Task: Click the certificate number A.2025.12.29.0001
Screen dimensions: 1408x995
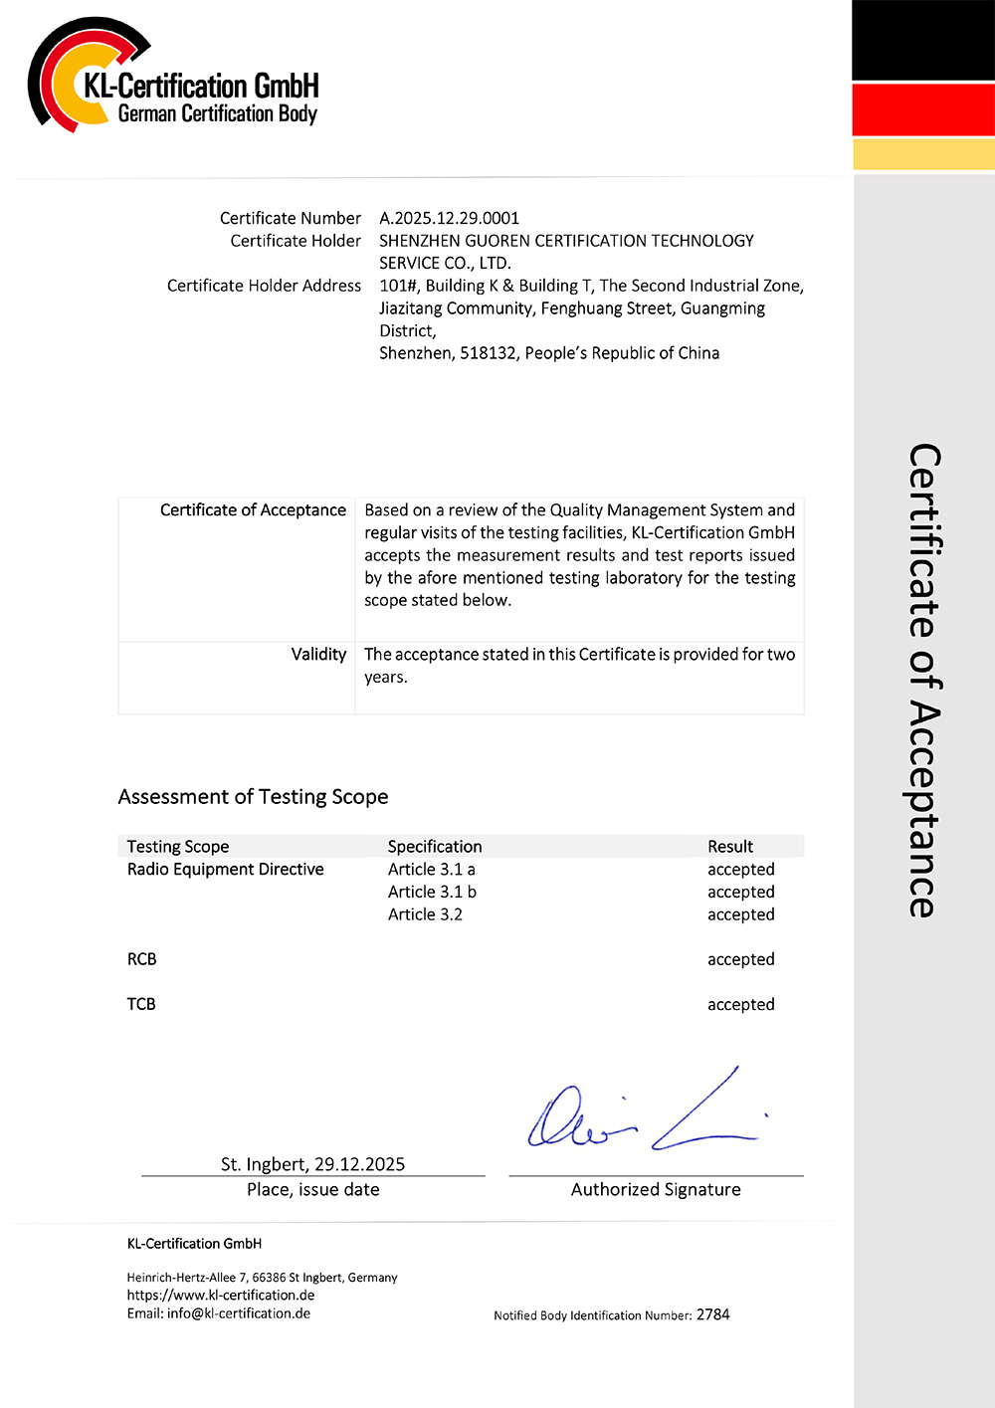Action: click(x=449, y=218)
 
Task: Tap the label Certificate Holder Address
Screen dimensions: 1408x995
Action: click(x=264, y=286)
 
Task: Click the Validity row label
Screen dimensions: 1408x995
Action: click(x=318, y=654)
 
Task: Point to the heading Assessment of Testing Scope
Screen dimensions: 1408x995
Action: click(x=253, y=796)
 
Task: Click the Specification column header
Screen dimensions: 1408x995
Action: click(x=435, y=847)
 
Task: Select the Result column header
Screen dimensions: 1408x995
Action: click(x=730, y=847)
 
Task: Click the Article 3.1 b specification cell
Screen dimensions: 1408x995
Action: click(x=432, y=892)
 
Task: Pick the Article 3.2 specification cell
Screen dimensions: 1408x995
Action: click(x=425, y=914)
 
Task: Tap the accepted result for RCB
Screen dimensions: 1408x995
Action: click(x=740, y=959)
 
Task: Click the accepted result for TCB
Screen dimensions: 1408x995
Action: click(x=740, y=1005)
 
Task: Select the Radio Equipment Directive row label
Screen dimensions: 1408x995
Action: click(x=226, y=869)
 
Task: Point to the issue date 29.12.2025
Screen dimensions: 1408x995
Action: click(x=359, y=1164)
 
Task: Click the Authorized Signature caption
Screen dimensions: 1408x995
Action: click(x=656, y=1189)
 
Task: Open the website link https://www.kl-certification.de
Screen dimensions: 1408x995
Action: click(x=221, y=1296)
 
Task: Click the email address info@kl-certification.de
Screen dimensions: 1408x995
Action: click(x=239, y=1313)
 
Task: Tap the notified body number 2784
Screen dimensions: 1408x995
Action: click(x=713, y=1314)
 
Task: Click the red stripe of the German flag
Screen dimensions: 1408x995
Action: click(x=923, y=109)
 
